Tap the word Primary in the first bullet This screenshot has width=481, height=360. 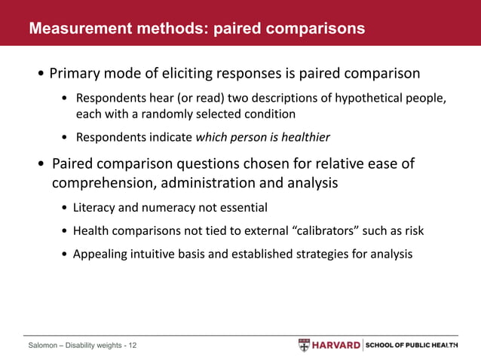coord(76,75)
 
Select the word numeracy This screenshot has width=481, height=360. coord(167,207)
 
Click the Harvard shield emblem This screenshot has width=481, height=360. coord(304,345)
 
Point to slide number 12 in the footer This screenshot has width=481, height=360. coord(132,346)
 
